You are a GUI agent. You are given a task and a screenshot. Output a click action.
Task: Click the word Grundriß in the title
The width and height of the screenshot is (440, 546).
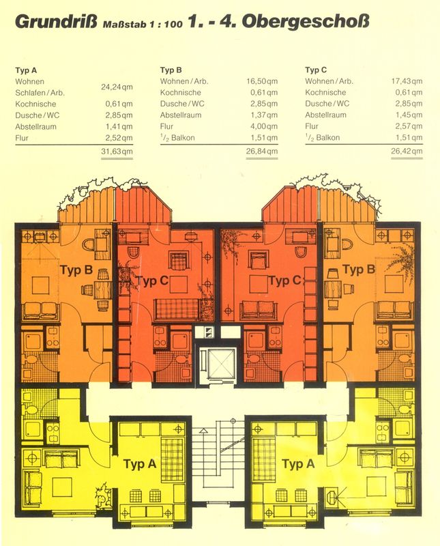click(56, 23)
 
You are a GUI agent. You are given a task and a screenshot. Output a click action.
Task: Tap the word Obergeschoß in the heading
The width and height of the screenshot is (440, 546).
click(306, 22)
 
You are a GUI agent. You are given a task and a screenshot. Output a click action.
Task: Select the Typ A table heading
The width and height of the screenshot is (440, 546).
click(26, 70)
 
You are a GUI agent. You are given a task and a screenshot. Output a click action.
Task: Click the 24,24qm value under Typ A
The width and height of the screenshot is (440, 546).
click(117, 87)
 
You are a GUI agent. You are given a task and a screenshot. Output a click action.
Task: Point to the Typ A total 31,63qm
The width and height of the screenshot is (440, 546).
click(117, 152)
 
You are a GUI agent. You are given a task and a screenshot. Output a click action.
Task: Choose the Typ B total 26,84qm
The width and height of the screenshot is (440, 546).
click(262, 152)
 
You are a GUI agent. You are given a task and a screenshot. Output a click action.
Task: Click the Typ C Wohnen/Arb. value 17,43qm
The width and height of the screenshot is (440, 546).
click(407, 81)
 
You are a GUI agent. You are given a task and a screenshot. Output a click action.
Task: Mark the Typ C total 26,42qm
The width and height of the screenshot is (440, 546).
click(407, 151)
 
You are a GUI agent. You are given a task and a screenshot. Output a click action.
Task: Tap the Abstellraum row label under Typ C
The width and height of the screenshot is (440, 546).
click(326, 115)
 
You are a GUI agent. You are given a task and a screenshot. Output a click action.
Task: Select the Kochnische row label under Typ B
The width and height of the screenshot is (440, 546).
click(181, 93)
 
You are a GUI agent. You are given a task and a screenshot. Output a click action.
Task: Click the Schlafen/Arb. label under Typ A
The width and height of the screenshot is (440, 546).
click(40, 93)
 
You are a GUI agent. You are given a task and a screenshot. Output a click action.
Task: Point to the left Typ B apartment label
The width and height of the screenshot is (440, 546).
click(76, 270)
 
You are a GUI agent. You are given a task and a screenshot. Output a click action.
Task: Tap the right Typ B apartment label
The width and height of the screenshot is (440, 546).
click(360, 269)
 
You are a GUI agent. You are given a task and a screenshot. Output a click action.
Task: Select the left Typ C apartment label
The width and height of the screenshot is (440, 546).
click(153, 281)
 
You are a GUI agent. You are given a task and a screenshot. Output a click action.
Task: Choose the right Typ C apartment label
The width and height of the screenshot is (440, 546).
click(284, 281)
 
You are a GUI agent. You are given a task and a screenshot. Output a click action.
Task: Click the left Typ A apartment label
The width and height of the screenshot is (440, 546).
click(140, 464)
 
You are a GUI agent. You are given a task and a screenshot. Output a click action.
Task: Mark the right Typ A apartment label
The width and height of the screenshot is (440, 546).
click(298, 464)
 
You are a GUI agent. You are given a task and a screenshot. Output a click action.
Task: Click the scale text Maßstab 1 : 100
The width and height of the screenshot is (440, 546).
click(143, 24)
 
